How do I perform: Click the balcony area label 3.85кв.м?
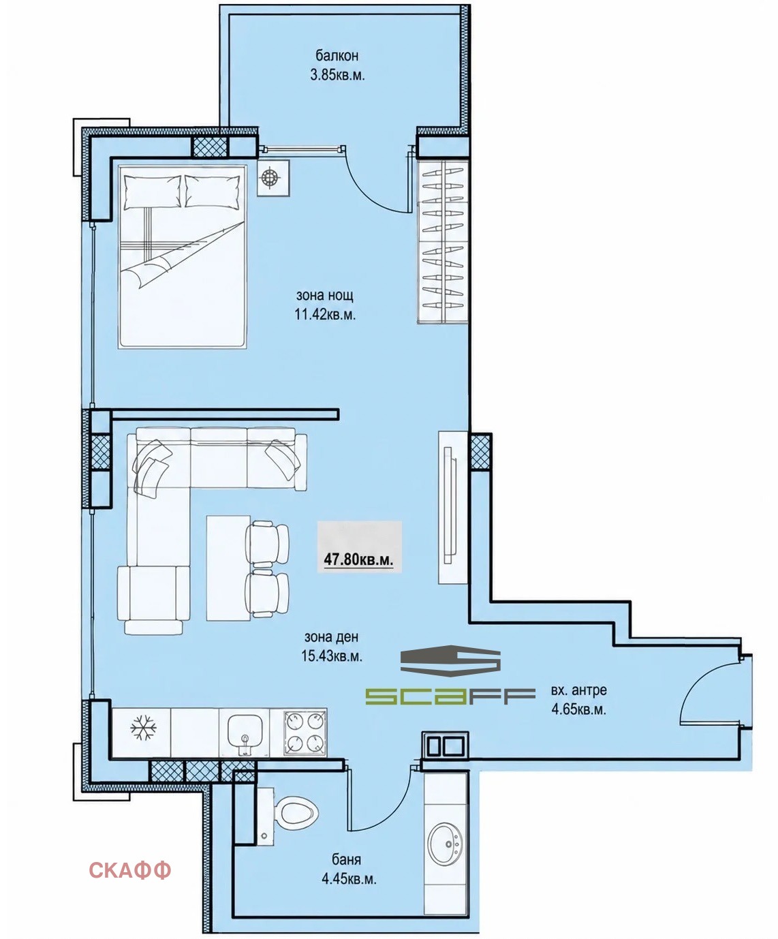[x=337, y=75]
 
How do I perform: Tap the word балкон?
[x=337, y=56]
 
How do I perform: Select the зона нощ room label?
[x=325, y=296]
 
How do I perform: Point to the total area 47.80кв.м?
[x=358, y=559]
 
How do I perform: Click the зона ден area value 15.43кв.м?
[x=332, y=656]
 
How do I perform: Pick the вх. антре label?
[x=579, y=690]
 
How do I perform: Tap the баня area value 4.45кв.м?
[x=349, y=878]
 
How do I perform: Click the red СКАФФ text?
[x=130, y=869]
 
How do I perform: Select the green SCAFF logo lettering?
[x=450, y=696]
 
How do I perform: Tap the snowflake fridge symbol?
[x=143, y=727]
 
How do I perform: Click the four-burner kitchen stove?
[x=305, y=732]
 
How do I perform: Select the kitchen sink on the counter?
[x=245, y=735]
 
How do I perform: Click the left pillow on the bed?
[x=152, y=191]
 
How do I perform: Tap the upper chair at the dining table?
[x=267, y=544]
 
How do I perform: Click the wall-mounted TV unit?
[x=453, y=507]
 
